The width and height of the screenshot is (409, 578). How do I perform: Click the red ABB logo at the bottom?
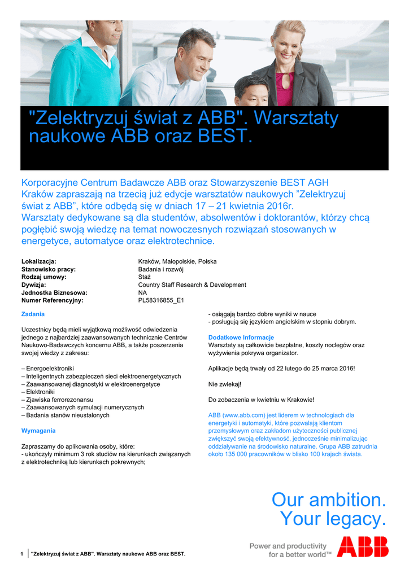[363, 547]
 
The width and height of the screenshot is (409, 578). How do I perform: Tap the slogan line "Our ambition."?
[329, 500]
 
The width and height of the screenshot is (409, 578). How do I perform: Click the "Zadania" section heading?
[33, 314]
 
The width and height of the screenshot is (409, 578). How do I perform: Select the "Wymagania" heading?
[38, 431]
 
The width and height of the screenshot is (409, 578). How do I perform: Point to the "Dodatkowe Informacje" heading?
[241, 338]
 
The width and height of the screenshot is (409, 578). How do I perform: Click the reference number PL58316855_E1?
[161, 301]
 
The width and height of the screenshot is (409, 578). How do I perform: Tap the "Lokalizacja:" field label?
[38, 261]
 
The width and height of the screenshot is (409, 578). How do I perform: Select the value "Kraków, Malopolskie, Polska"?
[177, 261]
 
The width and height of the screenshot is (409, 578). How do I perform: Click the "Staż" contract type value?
[145, 277]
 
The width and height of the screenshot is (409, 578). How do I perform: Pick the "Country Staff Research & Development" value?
[192, 285]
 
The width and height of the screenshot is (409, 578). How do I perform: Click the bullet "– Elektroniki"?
[38, 392]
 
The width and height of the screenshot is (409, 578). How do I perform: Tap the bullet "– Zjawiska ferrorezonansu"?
[57, 400]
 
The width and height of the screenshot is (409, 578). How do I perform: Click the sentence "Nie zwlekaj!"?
[225, 384]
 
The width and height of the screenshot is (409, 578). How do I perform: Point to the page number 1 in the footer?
[21, 554]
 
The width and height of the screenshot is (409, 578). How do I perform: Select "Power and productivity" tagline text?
[288, 546]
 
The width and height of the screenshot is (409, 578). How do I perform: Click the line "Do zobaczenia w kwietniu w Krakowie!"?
[261, 400]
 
